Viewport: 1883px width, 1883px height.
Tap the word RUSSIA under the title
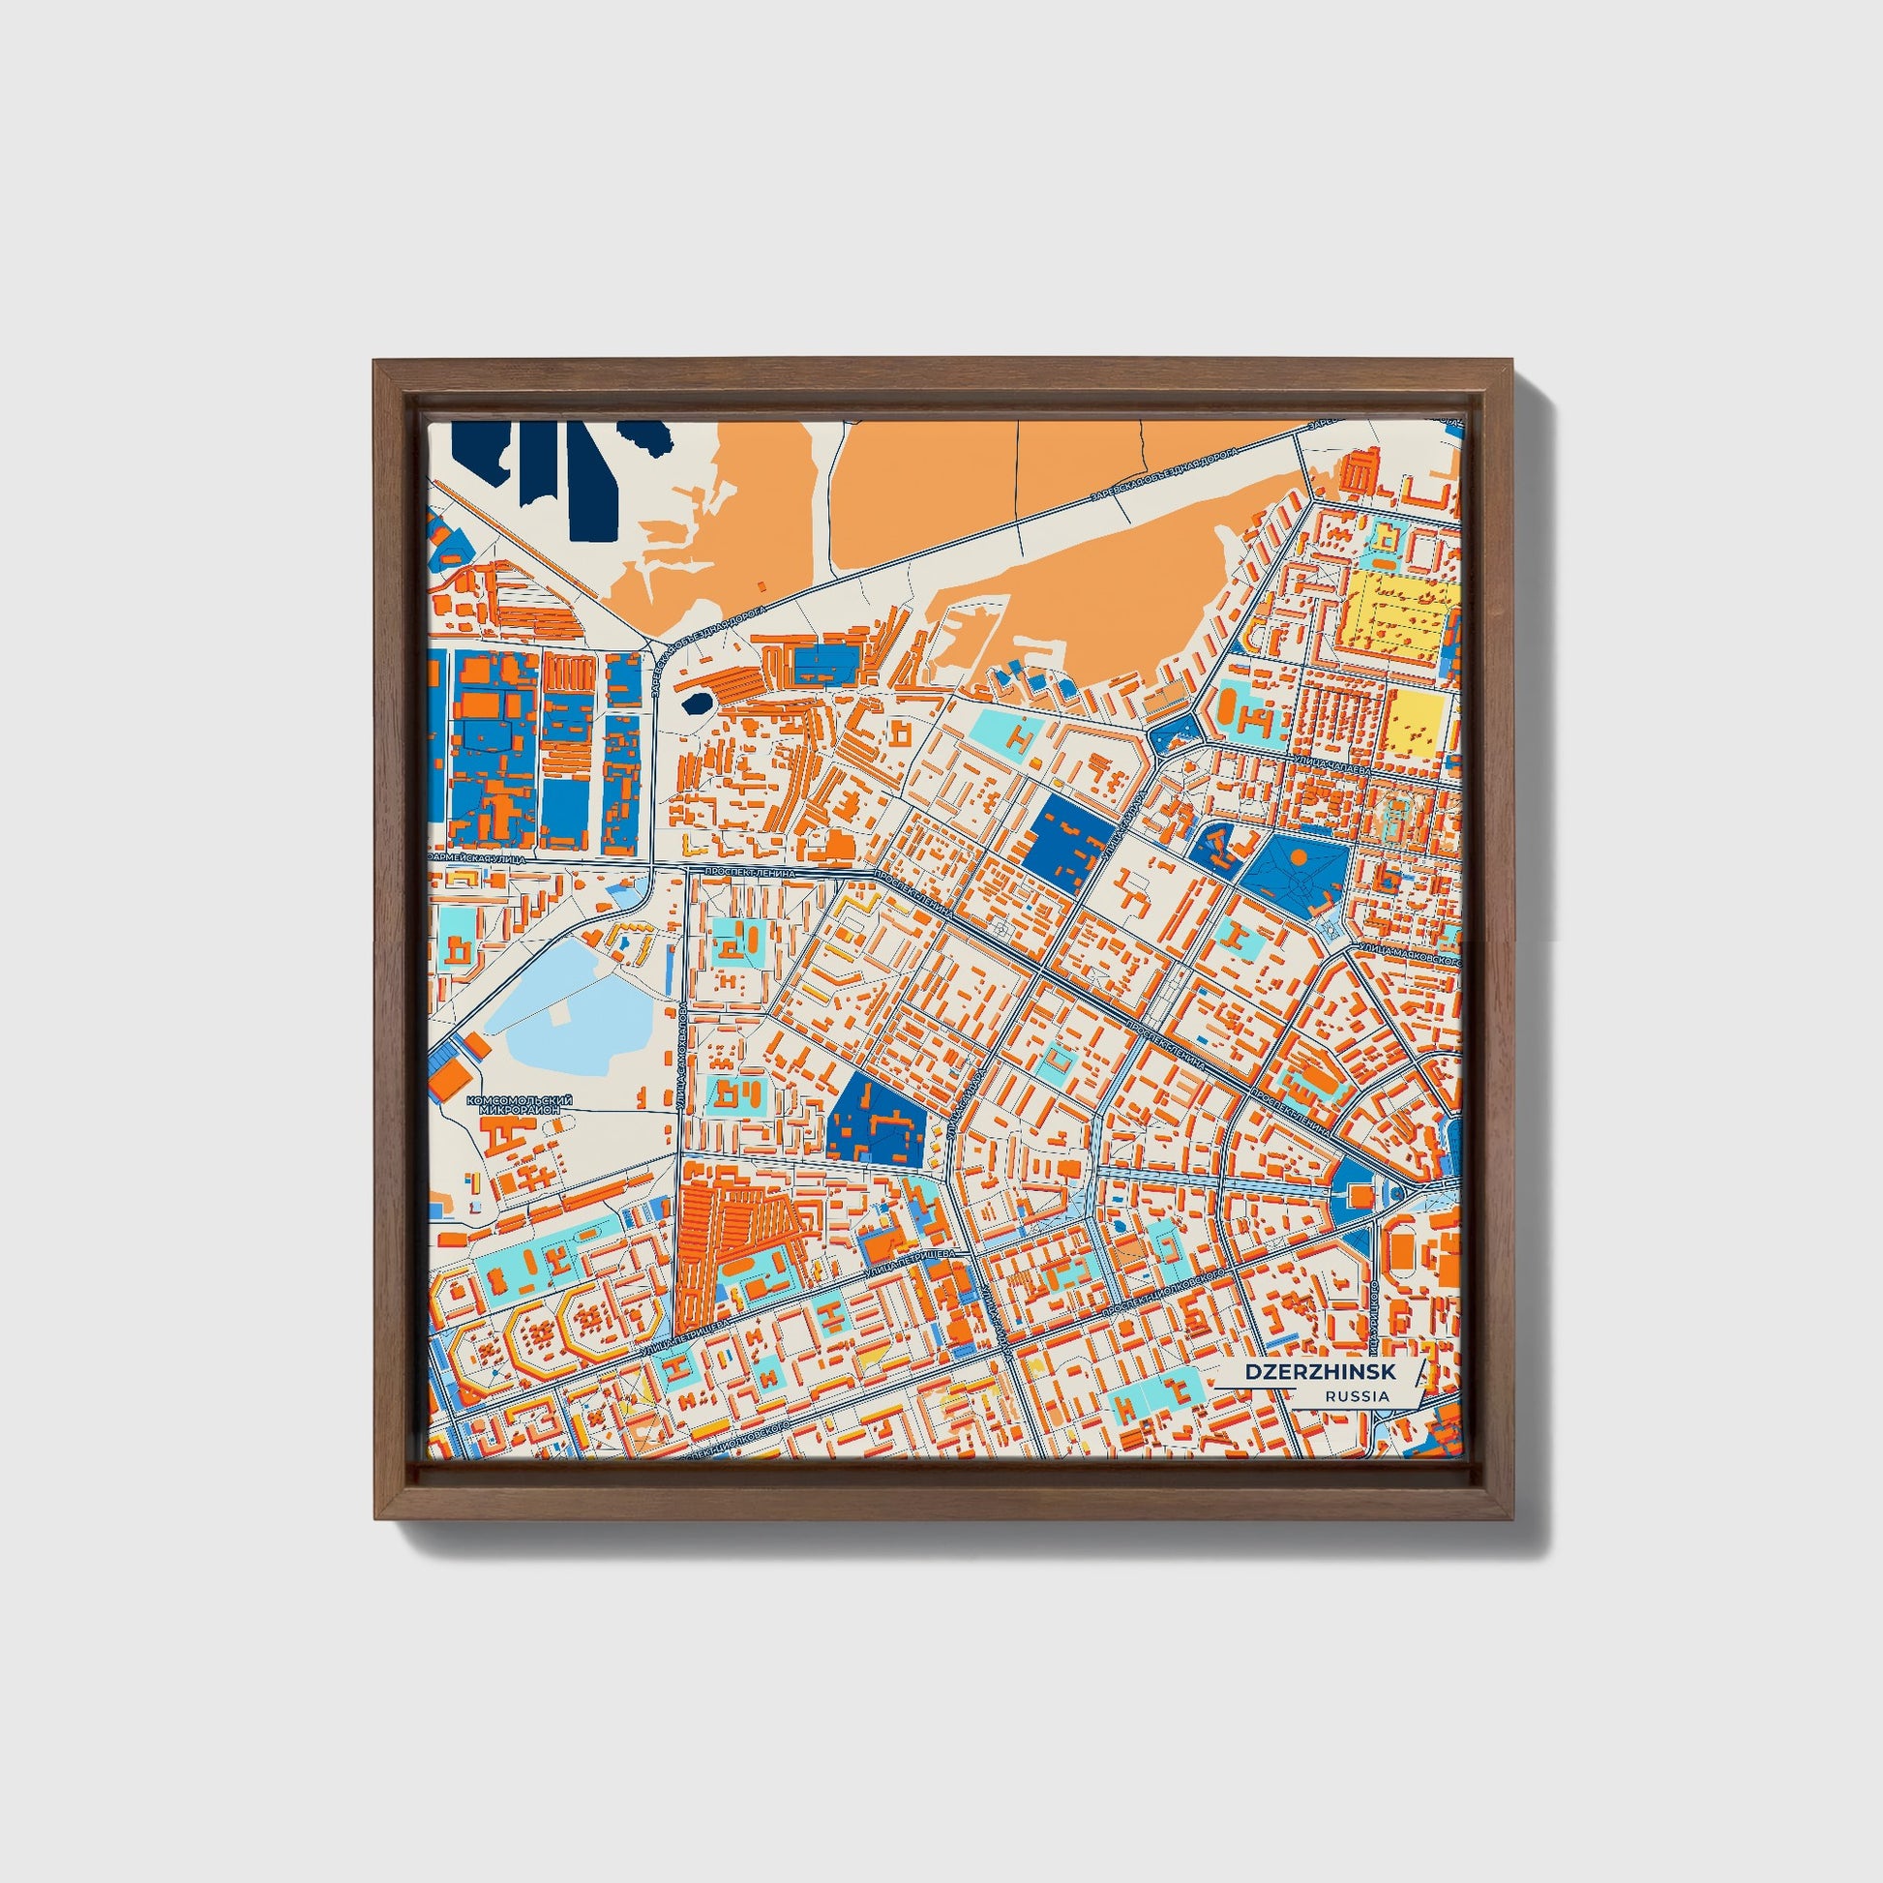[1357, 1395]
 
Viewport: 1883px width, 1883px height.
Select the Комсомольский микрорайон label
[520, 1103]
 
